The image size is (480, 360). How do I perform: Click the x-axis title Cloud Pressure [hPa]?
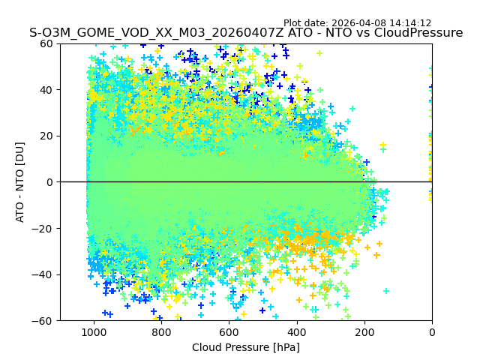tap(246, 347)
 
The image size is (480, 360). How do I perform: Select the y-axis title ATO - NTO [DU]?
tap(20, 182)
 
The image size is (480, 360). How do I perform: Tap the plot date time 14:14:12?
tap(411, 23)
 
